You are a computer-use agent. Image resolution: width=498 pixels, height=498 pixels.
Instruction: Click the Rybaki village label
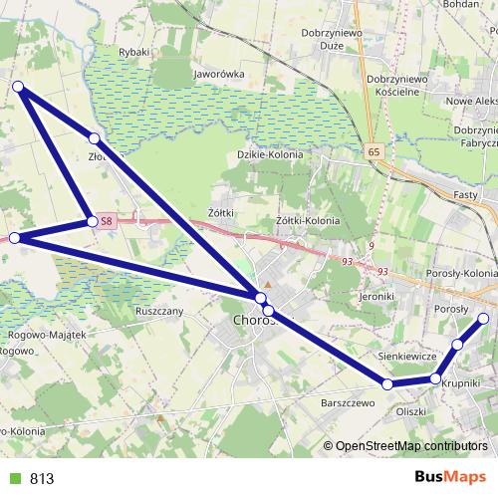[x=133, y=52]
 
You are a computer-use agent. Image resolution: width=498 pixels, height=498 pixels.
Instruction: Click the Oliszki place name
[x=410, y=410]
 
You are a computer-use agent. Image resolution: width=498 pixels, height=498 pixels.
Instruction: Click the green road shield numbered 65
[x=373, y=151]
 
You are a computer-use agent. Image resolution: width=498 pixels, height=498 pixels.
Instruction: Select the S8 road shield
[x=107, y=221]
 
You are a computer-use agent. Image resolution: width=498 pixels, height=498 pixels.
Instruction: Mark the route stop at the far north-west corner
[x=18, y=88]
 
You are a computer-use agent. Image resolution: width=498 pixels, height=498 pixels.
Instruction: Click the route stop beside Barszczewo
[x=386, y=383]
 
